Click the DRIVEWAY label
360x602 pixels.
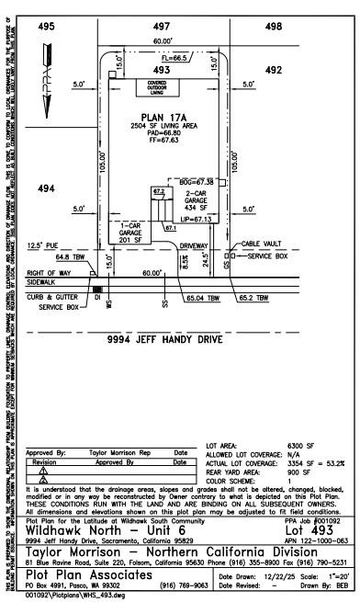click(x=195, y=245)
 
